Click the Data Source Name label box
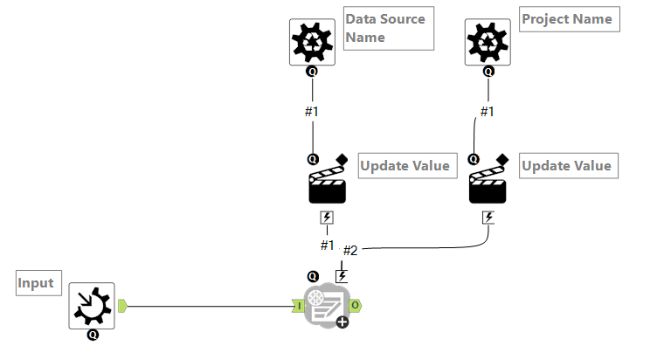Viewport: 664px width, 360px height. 388,28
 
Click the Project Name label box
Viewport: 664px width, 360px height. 569,19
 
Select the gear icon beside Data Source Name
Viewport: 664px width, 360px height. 312,42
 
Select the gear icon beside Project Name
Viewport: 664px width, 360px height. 488,42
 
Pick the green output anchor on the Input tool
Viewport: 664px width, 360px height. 122,306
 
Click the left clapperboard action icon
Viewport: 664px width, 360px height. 328,184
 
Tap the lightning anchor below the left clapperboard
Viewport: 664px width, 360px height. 328,218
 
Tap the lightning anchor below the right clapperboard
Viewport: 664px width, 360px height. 488,217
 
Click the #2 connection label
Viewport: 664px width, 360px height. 350,251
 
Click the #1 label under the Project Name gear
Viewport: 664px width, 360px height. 487,111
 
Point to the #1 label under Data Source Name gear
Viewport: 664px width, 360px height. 313,111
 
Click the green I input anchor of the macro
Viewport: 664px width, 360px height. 297,306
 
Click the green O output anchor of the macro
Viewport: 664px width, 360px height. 356,306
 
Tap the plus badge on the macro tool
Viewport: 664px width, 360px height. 342,322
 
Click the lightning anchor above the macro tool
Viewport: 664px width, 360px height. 342,275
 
